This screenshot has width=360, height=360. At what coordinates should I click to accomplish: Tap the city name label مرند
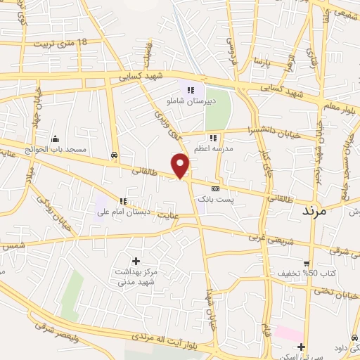tap(314, 211)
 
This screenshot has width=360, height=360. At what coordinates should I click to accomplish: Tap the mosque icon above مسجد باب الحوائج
tap(55, 138)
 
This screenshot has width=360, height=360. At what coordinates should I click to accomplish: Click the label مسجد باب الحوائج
tap(62, 149)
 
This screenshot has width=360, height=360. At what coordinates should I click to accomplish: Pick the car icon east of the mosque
tap(114, 153)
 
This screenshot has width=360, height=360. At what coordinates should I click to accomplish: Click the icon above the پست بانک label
tap(215, 188)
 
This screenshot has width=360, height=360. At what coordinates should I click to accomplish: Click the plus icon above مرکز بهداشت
tap(136, 261)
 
